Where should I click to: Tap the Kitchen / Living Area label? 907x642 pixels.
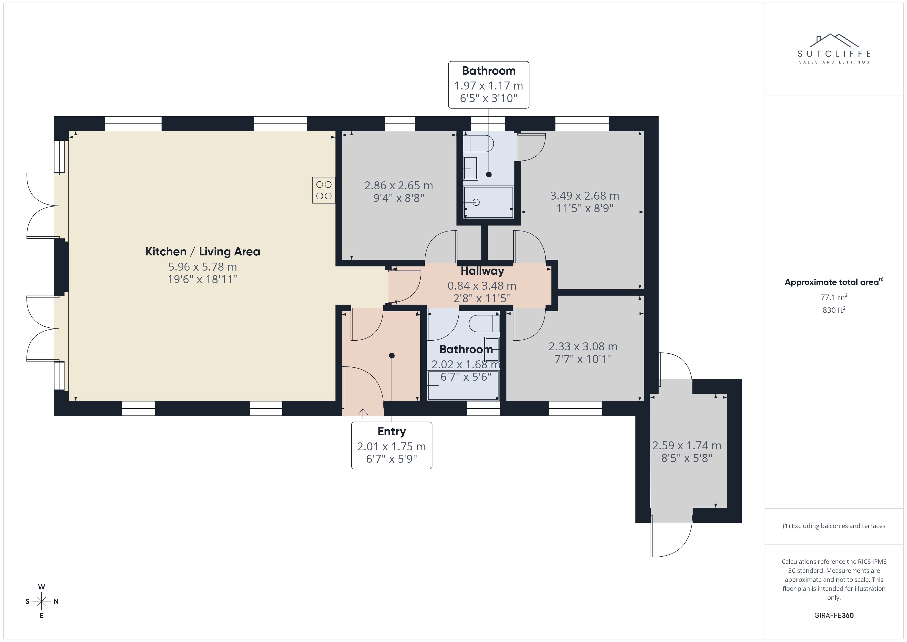click(203, 251)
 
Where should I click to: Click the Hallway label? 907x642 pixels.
click(482, 271)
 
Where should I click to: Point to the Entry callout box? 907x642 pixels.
click(392, 445)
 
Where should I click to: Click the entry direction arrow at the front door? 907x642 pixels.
click(363, 414)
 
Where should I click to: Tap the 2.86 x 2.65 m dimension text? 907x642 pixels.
click(398, 185)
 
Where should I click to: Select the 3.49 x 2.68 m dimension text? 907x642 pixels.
click(585, 196)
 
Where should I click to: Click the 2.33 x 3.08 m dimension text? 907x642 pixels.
click(583, 347)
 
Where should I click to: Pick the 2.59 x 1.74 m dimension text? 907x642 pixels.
click(687, 445)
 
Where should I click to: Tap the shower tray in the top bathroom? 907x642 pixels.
click(489, 202)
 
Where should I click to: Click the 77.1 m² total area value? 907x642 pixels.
click(834, 297)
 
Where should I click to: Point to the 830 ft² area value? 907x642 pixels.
click(834, 310)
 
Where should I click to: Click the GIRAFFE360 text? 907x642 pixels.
click(834, 615)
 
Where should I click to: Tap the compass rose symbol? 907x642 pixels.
click(41, 601)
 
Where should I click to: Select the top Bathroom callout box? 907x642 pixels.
click(489, 85)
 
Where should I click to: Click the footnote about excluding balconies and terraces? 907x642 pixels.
click(834, 526)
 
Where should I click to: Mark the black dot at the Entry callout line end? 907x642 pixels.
click(392, 356)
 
